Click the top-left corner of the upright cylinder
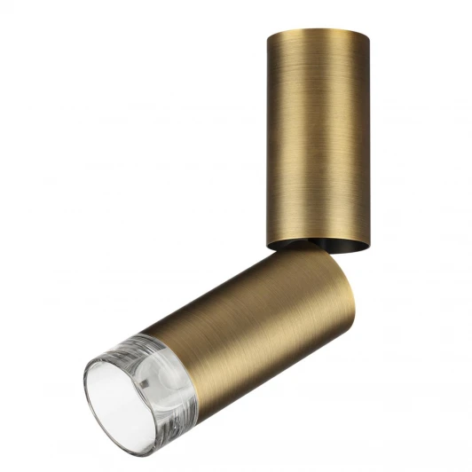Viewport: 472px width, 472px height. tap(268, 34)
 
